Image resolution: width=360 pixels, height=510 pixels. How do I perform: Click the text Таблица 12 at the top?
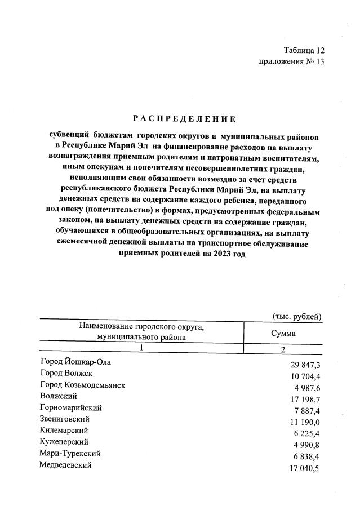[x=304, y=50]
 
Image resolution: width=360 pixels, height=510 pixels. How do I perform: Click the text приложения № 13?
[x=292, y=62]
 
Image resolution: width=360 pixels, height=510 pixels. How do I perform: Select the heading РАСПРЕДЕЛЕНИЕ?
[x=184, y=118]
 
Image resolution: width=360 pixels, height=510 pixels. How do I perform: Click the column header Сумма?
[x=283, y=333]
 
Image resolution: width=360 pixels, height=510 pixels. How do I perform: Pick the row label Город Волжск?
[x=66, y=374]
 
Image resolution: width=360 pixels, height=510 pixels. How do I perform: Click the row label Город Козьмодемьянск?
[x=82, y=385]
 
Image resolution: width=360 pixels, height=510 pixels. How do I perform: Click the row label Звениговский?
[x=65, y=419]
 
